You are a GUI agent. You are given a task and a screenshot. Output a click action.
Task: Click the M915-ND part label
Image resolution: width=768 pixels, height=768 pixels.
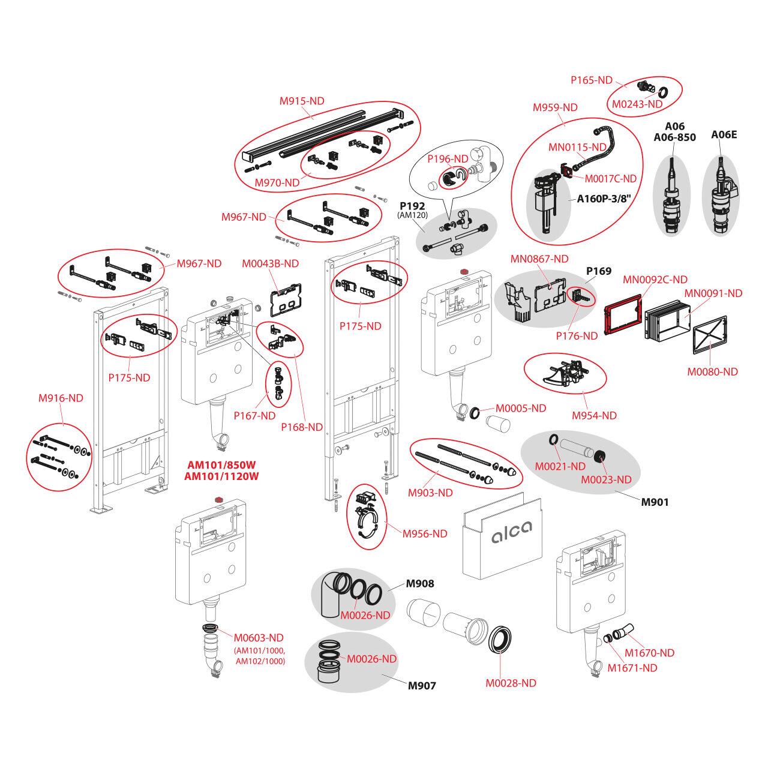point(302,101)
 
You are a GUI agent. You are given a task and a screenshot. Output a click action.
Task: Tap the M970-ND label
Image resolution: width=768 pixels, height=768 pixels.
point(277,182)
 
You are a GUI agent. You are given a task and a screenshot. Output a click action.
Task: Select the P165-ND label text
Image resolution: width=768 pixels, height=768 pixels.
point(591,80)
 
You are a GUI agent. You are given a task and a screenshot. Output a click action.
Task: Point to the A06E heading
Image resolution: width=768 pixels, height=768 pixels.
point(724,134)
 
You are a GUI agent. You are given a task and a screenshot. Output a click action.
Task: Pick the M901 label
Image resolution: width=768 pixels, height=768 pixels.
point(655,502)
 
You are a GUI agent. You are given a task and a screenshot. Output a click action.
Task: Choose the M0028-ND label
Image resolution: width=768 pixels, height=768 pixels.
point(511,683)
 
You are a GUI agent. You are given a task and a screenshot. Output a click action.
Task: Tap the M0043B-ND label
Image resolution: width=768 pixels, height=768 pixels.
point(270,263)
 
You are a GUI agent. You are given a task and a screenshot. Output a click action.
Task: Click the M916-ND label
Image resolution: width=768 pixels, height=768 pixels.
point(61,398)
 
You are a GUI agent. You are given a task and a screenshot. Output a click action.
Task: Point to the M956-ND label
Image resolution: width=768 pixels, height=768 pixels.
point(425,533)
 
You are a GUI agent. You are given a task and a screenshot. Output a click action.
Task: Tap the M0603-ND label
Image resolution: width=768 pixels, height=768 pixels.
point(259,638)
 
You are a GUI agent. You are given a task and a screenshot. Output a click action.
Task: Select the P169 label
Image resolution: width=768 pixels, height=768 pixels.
point(599,271)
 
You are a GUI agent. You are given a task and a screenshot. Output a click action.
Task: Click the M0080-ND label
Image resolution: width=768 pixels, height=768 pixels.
point(712,371)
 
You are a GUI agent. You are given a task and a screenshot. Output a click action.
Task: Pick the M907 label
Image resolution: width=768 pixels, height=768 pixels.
point(422,685)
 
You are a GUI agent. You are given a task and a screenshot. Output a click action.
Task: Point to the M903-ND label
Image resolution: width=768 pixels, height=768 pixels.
point(430,493)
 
